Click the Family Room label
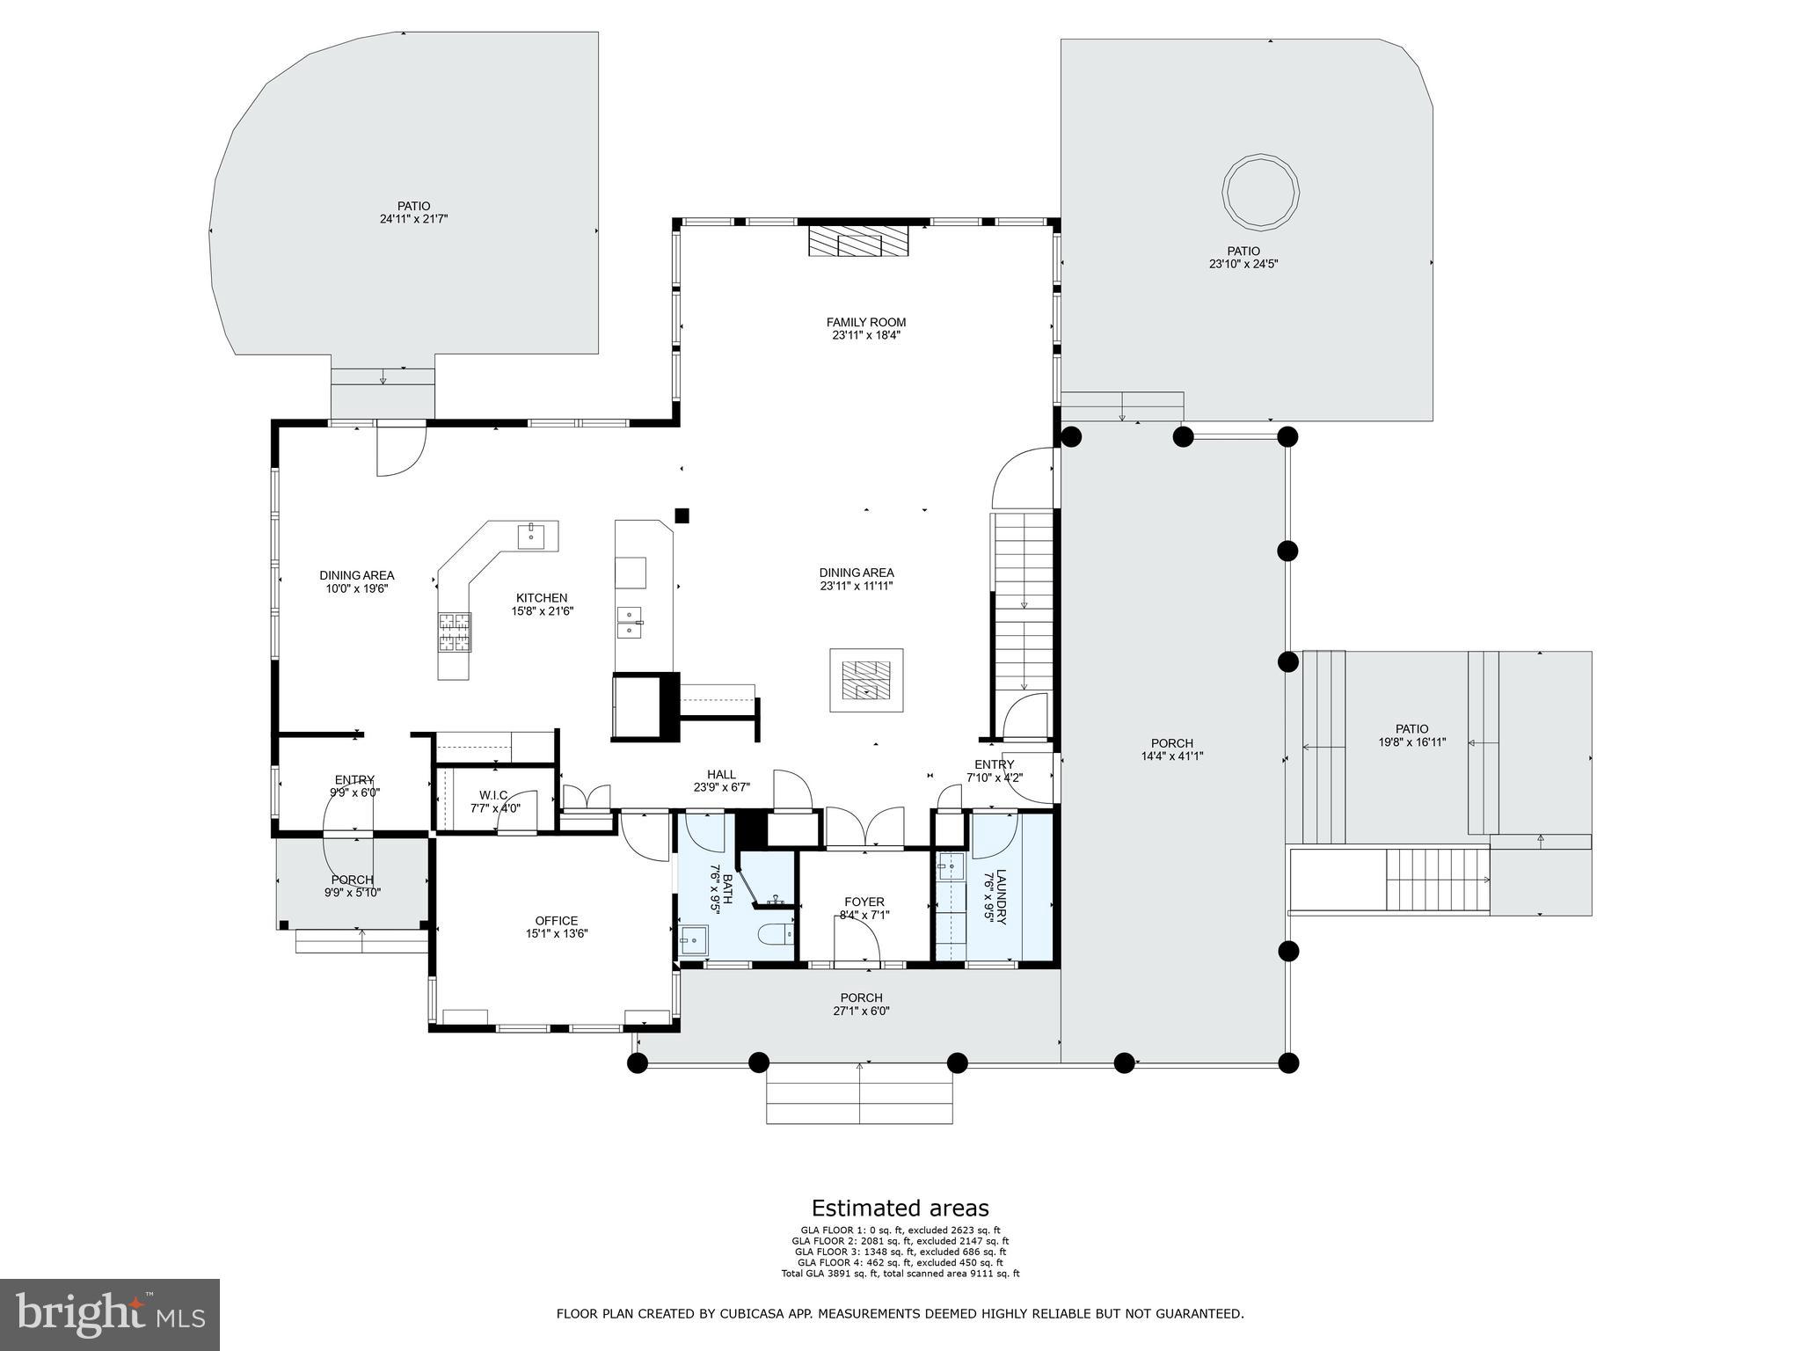[865, 322]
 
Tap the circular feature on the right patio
[1260, 192]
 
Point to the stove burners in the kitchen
[455, 632]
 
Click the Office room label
[556, 921]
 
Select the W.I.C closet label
[493, 795]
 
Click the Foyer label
[864, 902]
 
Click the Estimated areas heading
[900, 1208]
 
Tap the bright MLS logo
[109, 1314]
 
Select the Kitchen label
[541, 598]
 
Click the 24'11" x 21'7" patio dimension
[408, 219]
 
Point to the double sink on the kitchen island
[630, 620]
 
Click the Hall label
[721, 775]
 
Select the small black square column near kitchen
[682, 515]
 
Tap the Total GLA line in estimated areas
[900, 1274]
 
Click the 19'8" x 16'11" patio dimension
[1411, 741]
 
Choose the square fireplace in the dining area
[866, 680]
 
